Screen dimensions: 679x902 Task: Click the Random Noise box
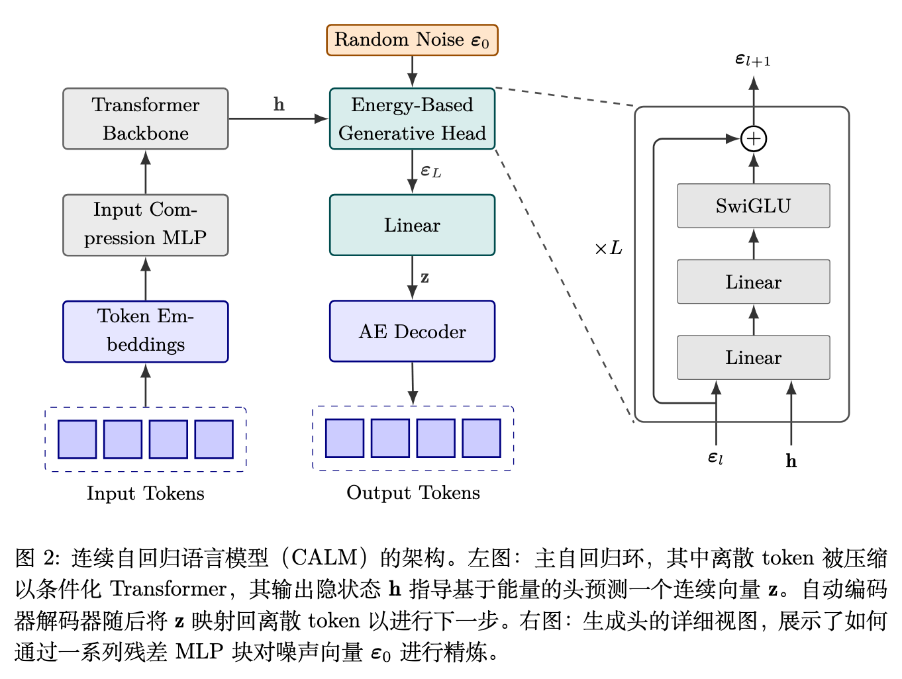tap(412, 40)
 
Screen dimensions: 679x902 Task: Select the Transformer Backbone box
tap(146, 119)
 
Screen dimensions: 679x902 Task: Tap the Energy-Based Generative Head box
tap(412, 119)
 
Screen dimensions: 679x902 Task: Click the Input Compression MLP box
tap(146, 225)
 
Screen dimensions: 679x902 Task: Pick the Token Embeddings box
tap(146, 332)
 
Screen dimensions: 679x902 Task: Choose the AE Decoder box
tap(412, 332)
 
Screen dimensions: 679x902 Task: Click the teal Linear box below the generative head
tap(412, 225)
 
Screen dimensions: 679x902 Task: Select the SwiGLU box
tap(753, 206)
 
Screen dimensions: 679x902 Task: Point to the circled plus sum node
tap(754, 139)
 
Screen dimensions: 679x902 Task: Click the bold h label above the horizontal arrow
tap(279, 105)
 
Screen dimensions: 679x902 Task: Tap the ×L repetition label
tap(608, 249)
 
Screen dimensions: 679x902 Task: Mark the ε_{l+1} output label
tap(753, 60)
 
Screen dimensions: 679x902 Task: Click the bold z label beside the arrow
tap(425, 278)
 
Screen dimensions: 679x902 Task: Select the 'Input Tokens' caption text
tap(146, 494)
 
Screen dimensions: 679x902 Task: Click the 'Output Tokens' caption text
tap(413, 493)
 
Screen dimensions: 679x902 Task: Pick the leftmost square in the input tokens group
tap(77, 439)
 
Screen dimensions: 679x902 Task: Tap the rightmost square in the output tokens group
tap(481, 439)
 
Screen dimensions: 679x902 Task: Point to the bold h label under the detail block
tap(791, 461)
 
